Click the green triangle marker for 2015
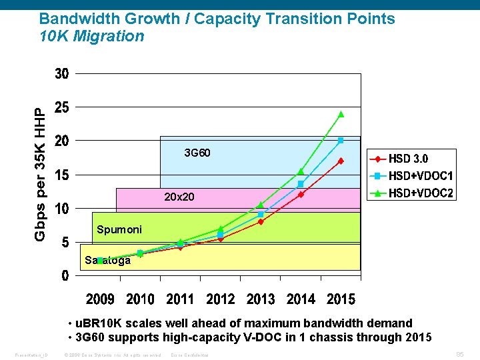point(341,114)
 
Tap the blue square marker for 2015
point(341,141)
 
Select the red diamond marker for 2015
point(341,161)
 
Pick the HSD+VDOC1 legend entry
point(411,176)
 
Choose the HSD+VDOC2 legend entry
point(411,193)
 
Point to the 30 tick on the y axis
point(61,74)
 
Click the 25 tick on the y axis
point(61,107)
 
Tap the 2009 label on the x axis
point(101,299)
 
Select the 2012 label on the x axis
point(221,299)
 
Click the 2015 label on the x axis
point(341,299)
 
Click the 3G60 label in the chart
point(197,153)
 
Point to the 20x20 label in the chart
point(179,197)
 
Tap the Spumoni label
point(119,229)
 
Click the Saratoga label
point(107,261)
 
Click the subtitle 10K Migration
point(92,36)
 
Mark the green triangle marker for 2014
point(301,171)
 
